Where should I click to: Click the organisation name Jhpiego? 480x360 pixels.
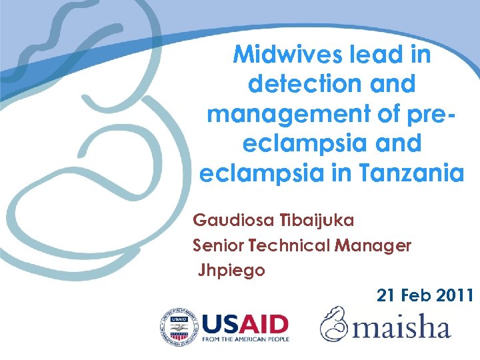coord(231,271)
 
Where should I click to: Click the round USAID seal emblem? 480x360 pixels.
coord(178,327)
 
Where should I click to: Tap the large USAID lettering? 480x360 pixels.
coord(245,324)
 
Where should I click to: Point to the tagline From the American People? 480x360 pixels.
coord(245,340)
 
